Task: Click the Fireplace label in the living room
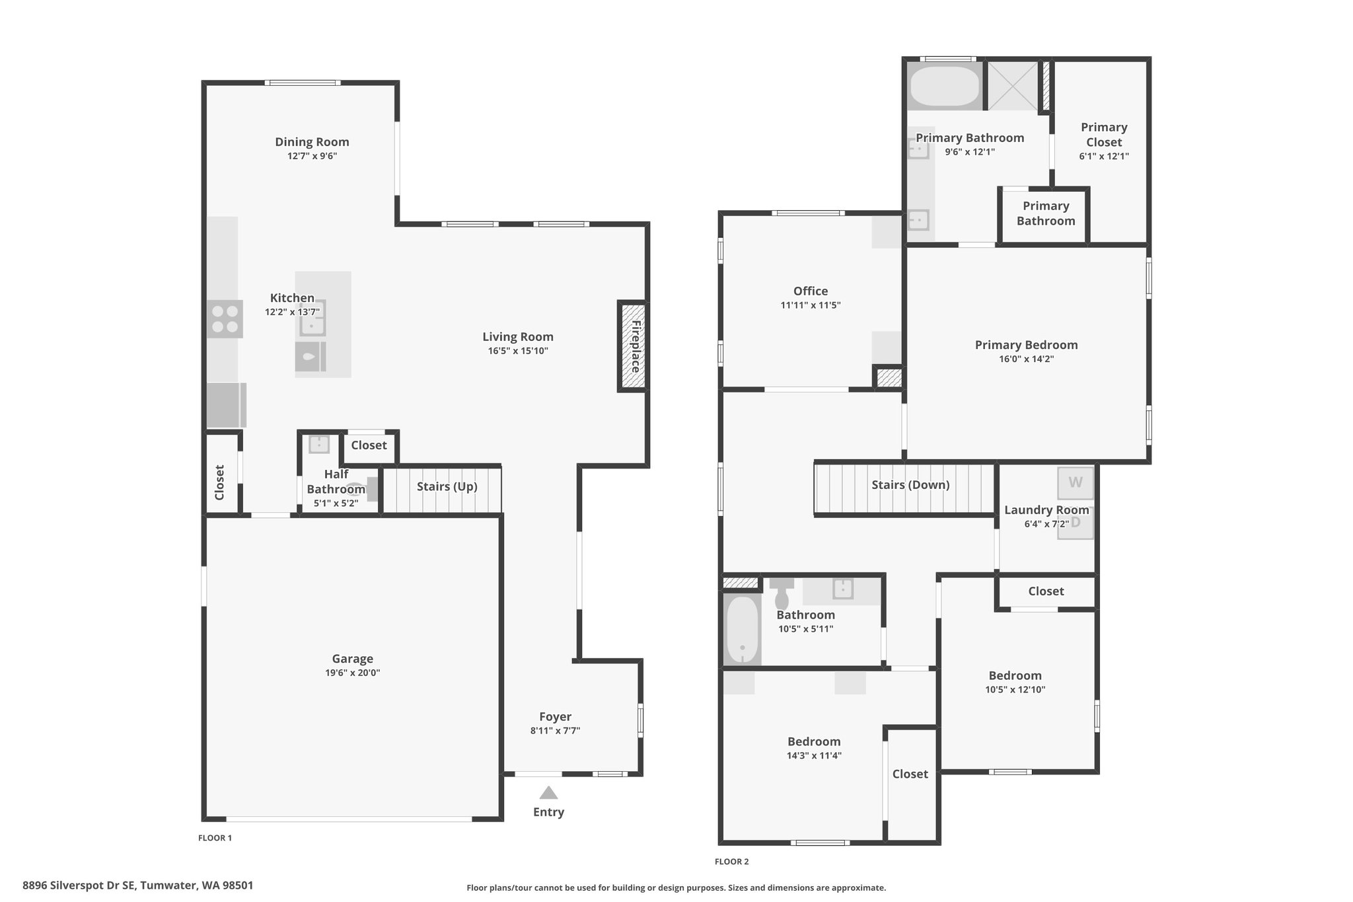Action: click(636, 346)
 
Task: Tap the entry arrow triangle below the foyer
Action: click(548, 793)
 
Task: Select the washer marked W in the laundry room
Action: click(1076, 482)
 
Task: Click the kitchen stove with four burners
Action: click(225, 319)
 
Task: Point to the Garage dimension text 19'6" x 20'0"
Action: click(353, 673)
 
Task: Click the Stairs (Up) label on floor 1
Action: click(447, 487)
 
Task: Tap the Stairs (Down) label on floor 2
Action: click(910, 485)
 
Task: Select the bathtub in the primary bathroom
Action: click(945, 87)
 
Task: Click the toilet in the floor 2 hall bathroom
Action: click(782, 593)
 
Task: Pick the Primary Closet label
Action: click(1104, 135)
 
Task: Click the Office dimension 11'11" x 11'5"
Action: click(811, 305)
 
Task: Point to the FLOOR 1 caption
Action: click(215, 838)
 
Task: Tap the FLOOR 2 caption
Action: click(732, 862)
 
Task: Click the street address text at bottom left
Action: click(138, 885)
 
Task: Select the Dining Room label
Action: click(312, 142)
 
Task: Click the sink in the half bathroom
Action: click(319, 443)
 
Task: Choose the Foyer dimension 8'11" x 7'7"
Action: click(555, 731)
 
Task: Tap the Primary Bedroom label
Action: click(1027, 345)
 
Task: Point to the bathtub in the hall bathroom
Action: click(743, 630)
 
